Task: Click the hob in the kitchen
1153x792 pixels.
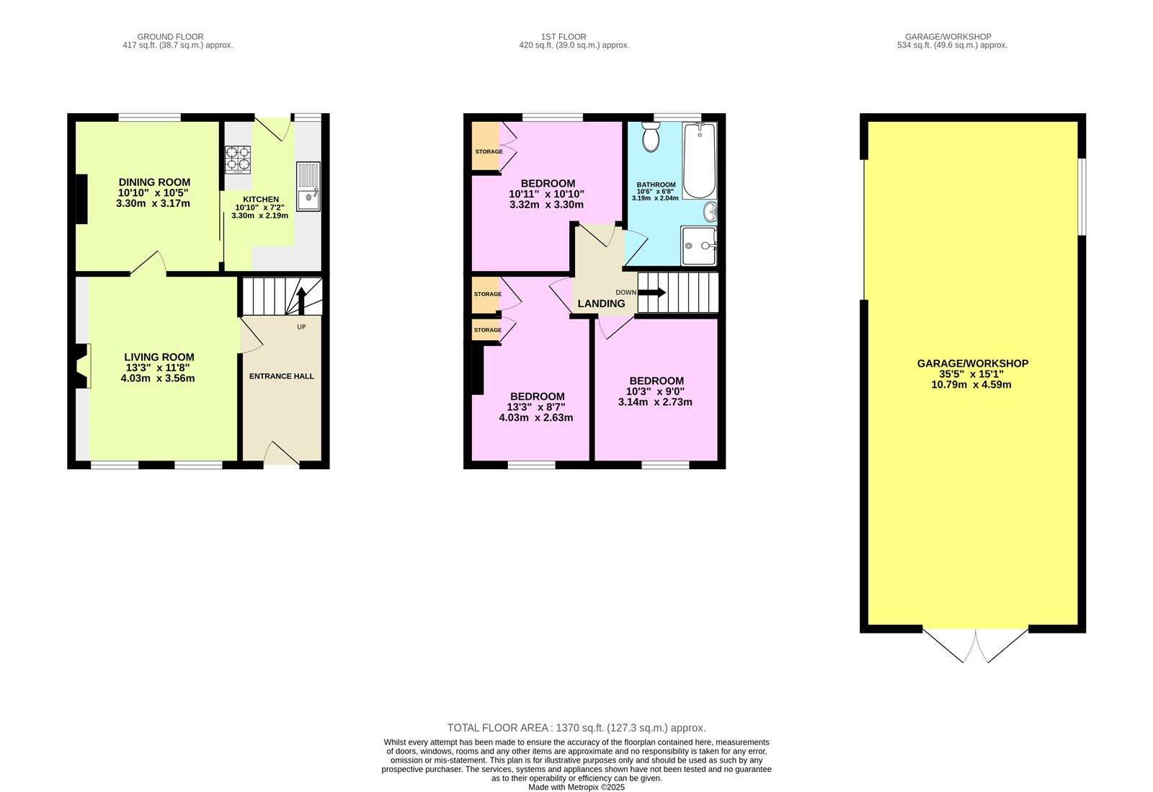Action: point(239,160)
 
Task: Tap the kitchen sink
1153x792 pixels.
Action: point(309,187)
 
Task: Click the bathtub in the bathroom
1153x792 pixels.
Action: point(699,161)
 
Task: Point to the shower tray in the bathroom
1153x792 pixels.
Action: point(698,246)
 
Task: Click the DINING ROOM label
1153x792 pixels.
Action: point(154,182)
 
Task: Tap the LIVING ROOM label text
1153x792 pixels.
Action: point(159,357)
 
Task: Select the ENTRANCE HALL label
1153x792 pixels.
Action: point(282,376)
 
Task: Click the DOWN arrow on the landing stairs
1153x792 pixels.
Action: point(651,293)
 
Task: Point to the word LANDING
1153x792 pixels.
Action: point(601,303)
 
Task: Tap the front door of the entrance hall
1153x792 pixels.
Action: point(281,454)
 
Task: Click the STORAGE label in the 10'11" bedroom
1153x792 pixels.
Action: point(489,151)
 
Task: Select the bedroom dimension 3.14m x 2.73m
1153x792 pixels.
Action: point(655,401)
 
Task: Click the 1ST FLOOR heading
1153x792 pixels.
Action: point(564,36)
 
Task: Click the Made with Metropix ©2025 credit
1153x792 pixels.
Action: point(576,787)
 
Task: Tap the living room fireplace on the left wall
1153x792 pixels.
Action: point(82,368)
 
